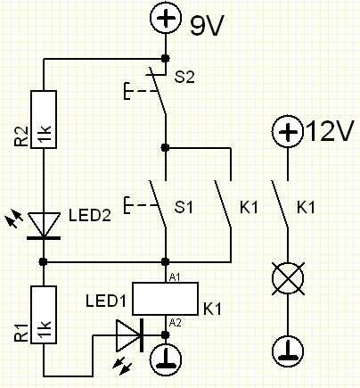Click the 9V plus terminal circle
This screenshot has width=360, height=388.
click(x=166, y=18)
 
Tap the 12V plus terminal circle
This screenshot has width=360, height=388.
click(x=287, y=131)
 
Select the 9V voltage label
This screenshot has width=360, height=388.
click(x=207, y=26)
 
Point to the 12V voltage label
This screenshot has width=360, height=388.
click(x=329, y=130)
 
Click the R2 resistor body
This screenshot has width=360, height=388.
click(x=44, y=120)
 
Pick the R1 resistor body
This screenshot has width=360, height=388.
click(x=44, y=315)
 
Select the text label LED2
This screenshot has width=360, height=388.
click(x=90, y=215)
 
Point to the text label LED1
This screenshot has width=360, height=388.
click(x=106, y=301)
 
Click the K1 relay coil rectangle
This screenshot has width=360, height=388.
click(x=165, y=299)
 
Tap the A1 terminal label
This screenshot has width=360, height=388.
click(x=175, y=277)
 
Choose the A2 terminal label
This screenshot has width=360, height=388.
click(x=175, y=323)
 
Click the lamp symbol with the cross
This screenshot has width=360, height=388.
click(x=288, y=278)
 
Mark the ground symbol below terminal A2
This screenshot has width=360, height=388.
click(x=166, y=360)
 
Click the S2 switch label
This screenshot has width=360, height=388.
click(x=184, y=77)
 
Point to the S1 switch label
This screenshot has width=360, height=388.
click(x=184, y=207)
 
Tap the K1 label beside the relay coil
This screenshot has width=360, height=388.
click(x=212, y=309)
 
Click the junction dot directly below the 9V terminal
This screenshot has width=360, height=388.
click(x=166, y=58)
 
